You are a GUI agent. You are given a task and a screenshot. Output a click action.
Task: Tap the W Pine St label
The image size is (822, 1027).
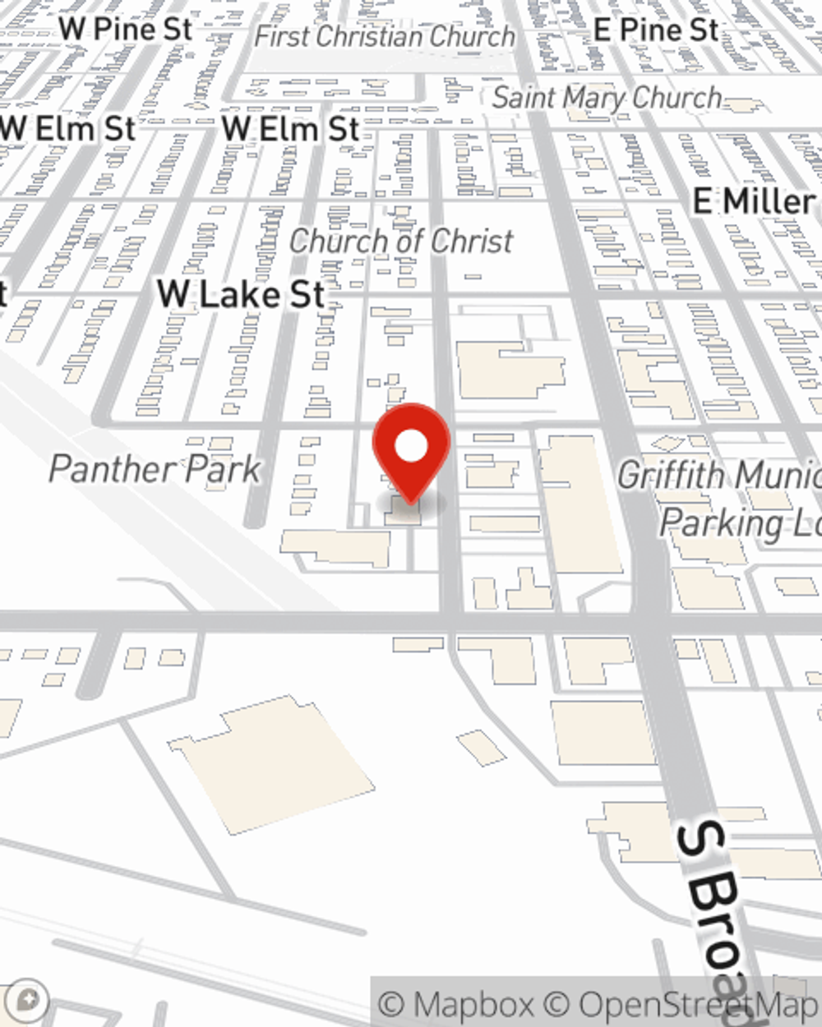(126, 29)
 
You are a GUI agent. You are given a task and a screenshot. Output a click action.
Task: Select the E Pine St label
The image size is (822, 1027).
(656, 30)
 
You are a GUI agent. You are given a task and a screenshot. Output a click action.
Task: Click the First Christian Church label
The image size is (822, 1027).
(385, 36)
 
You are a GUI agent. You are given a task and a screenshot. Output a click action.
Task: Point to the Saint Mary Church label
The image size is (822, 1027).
(607, 98)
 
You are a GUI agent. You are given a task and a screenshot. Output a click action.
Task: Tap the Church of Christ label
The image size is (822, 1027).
(401, 242)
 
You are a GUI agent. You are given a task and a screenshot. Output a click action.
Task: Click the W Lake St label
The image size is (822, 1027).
(242, 294)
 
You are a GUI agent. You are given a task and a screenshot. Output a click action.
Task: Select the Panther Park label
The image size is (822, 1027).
(155, 469)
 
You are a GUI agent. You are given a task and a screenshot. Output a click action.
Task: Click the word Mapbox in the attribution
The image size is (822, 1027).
(473, 1004)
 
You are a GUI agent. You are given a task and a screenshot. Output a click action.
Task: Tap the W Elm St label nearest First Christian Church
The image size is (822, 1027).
(290, 129)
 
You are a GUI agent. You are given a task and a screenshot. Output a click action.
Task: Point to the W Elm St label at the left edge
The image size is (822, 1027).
(68, 129)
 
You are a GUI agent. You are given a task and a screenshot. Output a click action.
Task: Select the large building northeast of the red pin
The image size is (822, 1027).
(510, 370)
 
